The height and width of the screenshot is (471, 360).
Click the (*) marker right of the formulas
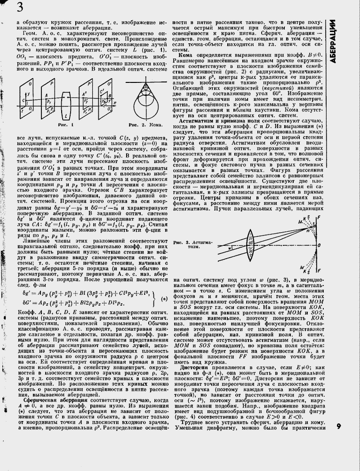[163, 299]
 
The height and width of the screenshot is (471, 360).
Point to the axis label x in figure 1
[114, 101]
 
